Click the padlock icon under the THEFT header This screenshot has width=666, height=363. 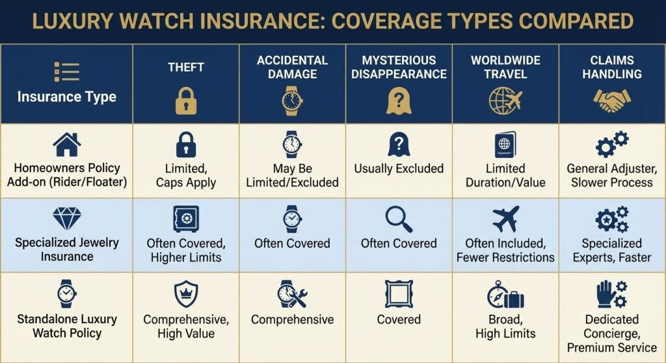click(186, 101)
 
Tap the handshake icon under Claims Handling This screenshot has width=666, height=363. click(611, 101)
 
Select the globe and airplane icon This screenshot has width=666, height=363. click(505, 101)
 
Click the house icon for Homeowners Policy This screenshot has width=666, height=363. click(67, 144)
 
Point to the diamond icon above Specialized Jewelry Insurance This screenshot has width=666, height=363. click(66, 219)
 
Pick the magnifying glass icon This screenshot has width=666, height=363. click(399, 219)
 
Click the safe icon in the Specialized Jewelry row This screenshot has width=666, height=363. click(186, 219)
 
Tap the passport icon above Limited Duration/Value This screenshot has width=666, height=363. click(505, 144)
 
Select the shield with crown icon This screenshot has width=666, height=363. click(186, 294)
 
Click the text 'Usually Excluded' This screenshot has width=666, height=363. click(399, 169)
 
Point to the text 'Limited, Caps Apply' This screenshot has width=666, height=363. click(186, 175)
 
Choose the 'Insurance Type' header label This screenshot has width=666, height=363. click(66, 97)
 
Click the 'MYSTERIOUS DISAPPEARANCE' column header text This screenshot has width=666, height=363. click(399, 67)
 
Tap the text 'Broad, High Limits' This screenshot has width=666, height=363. click(505, 326)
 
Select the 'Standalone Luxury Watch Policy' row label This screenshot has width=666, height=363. click(66, 326)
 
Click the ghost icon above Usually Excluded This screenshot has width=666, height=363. click(399, 144)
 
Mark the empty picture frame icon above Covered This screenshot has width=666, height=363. click(399, 294)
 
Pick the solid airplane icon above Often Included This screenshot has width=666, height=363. click(505, 219)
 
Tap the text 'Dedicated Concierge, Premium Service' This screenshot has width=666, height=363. click(611, 333)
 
